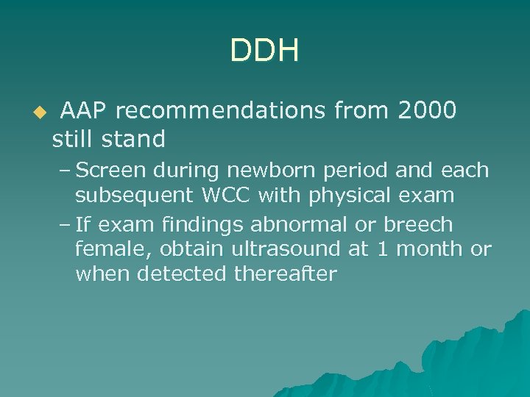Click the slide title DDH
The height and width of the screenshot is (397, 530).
coord(264,51)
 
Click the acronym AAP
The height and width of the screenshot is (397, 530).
coord(85,111)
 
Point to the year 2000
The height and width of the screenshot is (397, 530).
coord(426,111)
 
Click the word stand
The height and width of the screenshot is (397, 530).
coord(134,138)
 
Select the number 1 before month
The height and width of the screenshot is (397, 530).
coord(381,250)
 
